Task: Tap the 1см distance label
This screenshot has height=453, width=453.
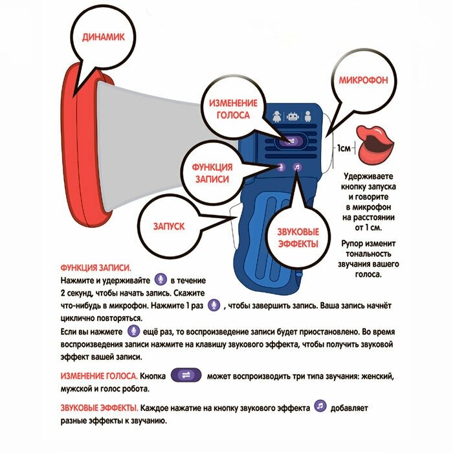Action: click(344, 149)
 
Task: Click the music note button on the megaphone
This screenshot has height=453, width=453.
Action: click(297, 166)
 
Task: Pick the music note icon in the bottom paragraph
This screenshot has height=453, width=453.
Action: click(319, 406)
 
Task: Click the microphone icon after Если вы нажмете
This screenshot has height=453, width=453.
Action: click(134, 331)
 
